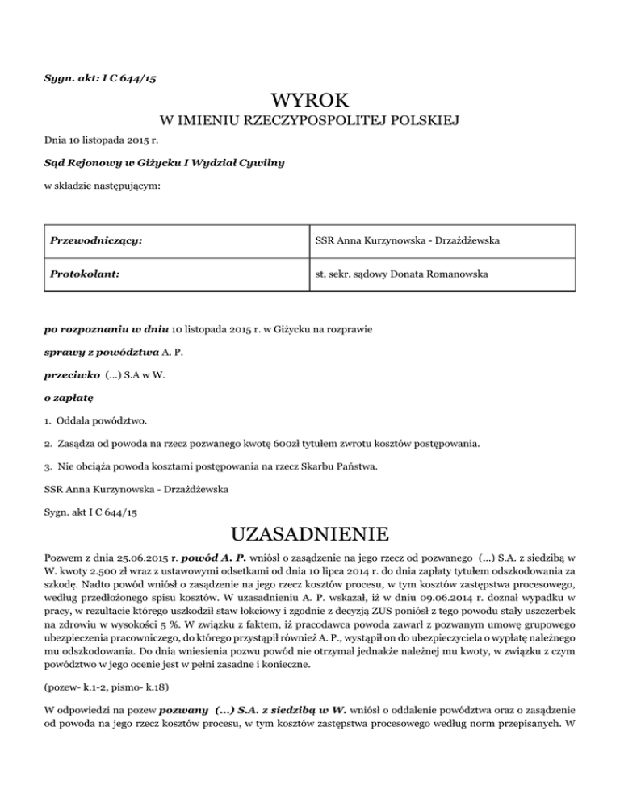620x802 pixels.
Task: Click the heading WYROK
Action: pyautogui.click(x=310, y=101)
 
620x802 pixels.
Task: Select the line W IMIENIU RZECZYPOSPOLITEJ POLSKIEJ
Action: pyautogui.click(x=310, y=122)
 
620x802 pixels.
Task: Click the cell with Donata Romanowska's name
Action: pyautogui.click(x=401, y=274)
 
